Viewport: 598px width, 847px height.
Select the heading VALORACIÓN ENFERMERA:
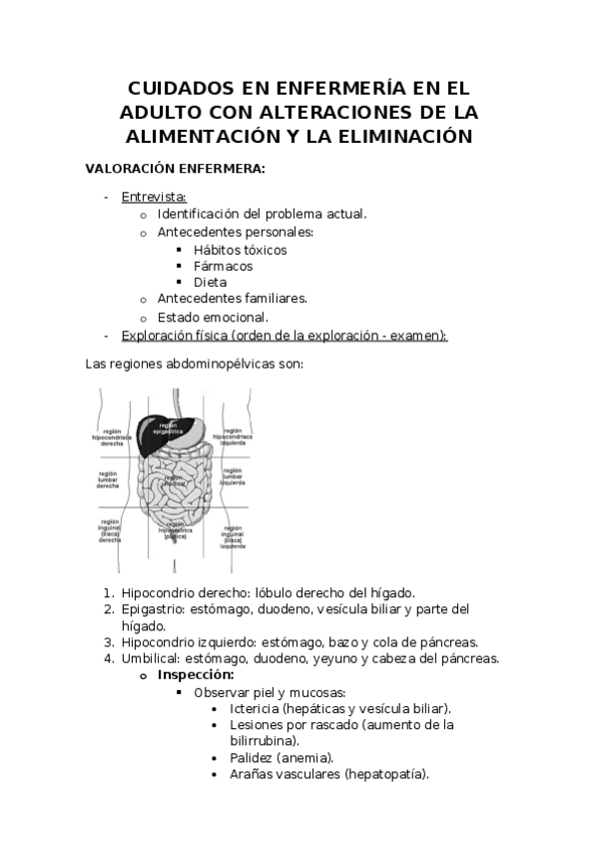(x=175, y=169)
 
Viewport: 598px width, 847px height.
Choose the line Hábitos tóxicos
(x=240, y=249)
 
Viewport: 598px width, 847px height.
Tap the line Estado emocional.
(x=213, y=317)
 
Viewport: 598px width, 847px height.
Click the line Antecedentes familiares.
(x=232, y=299)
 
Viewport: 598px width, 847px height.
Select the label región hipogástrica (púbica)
(x=176, y=531)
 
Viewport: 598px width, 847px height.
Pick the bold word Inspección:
(x=196, y=674)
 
